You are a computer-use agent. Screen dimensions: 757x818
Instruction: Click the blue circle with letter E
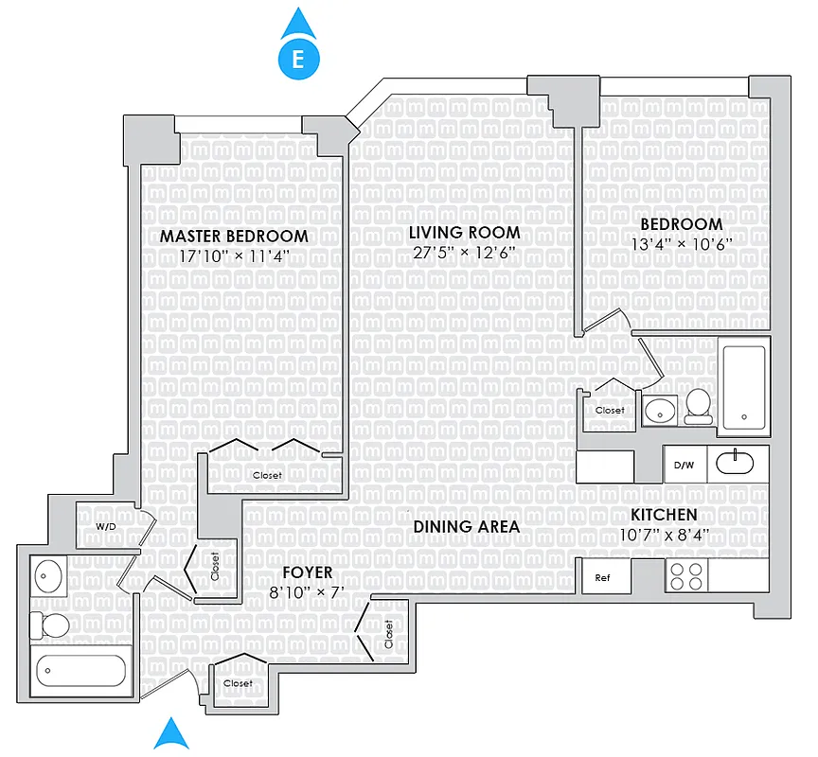pos(298,60)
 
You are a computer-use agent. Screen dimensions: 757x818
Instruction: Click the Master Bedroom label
pos(234,236)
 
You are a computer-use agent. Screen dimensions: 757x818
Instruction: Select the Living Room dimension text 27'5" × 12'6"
pos(464,252)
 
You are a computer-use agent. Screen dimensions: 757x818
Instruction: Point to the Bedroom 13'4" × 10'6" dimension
pos(681,243)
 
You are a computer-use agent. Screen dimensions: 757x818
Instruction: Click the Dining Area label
pos(466,526)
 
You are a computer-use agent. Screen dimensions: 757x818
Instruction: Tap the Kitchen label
pos(665,515)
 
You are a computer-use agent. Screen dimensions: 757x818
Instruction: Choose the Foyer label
pos(307,572)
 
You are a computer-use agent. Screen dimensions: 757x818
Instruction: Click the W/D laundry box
pos(105,526)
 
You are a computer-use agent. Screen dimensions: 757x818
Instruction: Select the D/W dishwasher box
pos(684,465)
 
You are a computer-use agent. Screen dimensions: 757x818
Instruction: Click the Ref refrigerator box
pos(603,577)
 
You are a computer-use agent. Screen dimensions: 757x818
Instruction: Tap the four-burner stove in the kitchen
pos(687,576)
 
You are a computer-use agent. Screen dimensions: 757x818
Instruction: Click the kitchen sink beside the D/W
pos(735,464)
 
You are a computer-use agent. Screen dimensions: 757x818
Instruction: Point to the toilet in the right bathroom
pos(700,403)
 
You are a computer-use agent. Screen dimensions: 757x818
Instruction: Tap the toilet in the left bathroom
pos(51,625)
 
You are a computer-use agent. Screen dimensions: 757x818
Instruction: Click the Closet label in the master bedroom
pos(266,475)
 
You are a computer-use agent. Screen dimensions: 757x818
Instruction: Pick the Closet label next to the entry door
pos(238,683)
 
